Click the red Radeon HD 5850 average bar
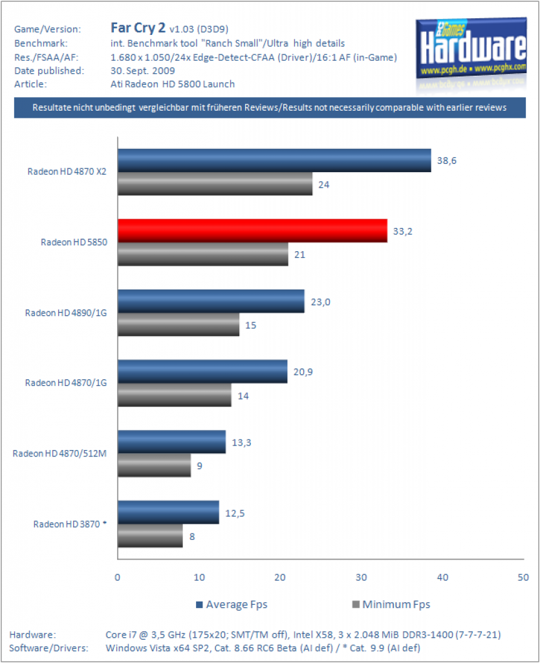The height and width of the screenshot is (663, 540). (x=252, y=230)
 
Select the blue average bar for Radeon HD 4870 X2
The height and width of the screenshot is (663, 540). (x=274, y=161)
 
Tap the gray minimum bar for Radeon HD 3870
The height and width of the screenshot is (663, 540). (x=150, y=535)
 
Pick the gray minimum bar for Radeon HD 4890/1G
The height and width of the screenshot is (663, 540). (x=178, y=324)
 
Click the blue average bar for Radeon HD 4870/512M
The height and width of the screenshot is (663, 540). (x=172, y=442)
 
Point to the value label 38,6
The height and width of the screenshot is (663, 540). (x=447, y=161)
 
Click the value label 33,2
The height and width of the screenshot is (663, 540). (x=403, y=231)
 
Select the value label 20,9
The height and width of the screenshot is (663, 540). (x=303, y=372)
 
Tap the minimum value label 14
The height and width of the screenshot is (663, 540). (x=243, y=396)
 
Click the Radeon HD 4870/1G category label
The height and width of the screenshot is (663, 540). (x=66, y=383)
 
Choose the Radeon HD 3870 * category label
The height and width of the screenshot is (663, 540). (x=70, y=524)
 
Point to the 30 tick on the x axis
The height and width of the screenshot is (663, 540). (x=362, y=577)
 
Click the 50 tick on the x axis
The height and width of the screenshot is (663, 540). (x=523, y=577)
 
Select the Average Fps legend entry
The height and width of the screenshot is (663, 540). (x=232, y=605)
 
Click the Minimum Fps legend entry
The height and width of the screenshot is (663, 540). (x=391, y=605)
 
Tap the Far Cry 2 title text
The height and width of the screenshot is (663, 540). (x=138, y=28)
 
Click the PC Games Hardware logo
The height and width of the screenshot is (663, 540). (x=471, y=48)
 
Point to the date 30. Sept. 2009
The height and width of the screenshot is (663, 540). (x=143, y=71)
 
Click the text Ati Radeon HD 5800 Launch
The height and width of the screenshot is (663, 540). (x=173, y=84)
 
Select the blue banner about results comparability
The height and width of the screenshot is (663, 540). (x=270, y=108)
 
